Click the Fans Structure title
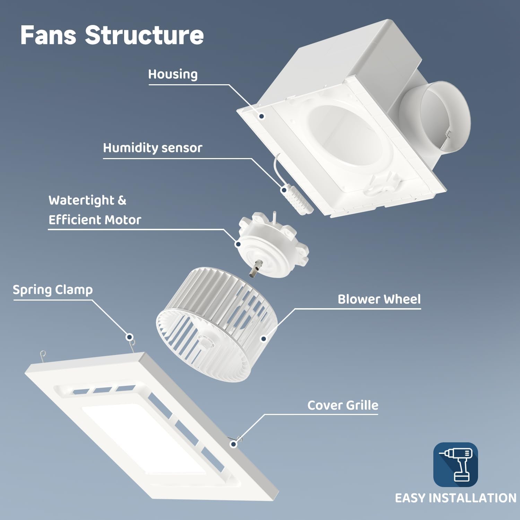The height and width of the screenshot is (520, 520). [112, 35]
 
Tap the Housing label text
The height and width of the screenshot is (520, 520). [173, 74]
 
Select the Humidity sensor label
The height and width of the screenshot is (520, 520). [153, 148]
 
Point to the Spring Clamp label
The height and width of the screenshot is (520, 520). [53, 290]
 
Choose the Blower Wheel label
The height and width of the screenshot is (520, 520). [379, 299]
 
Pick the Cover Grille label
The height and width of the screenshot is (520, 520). [343, 405]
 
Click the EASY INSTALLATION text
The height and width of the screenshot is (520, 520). [456, 498]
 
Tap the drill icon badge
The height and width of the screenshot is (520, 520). [456, 465]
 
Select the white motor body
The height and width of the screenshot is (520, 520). [274, 246]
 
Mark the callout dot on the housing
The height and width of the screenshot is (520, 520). [262, 116]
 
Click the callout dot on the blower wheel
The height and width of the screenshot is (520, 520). [263, 339]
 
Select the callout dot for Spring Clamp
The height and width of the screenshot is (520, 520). [130, 337]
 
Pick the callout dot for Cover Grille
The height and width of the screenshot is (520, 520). [234, 444]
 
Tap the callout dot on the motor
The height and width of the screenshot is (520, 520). [238, 244]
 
